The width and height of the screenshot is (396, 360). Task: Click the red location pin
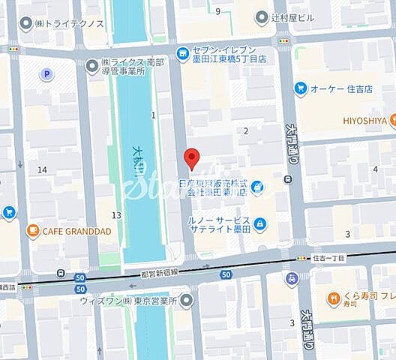pos(192,158)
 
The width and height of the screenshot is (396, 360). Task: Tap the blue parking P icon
pos(47,74)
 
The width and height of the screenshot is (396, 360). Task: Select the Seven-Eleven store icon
pos(182,52)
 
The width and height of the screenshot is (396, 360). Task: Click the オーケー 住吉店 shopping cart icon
pos(300,88)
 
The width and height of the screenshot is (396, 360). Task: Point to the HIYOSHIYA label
pos(365,120)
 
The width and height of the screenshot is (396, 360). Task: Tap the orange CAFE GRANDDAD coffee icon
pos(33,230)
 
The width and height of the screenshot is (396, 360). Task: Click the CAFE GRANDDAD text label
pos(77,231)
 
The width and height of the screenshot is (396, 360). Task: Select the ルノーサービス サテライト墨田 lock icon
pos(259,223)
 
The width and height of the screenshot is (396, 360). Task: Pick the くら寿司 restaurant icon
pos(334,299)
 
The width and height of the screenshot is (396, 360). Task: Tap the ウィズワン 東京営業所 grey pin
pos(187,300)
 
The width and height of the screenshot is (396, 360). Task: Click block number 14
pos(42,169)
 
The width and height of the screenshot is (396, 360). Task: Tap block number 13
pos(115,215)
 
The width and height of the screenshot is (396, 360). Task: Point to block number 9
pos(217,10)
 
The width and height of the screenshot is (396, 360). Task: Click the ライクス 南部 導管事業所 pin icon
pos(92,65)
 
